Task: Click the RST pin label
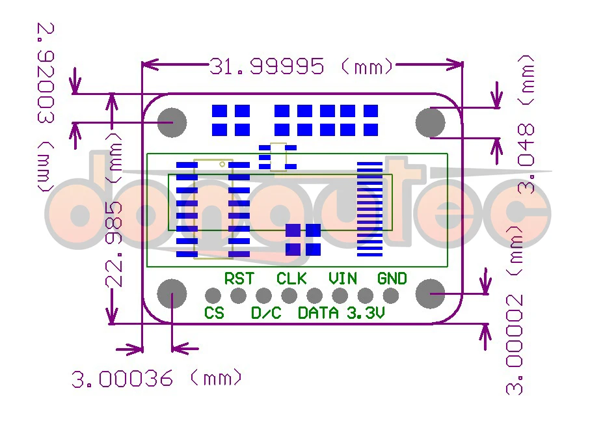tap(239, 279)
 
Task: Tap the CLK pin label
tap(291, 279)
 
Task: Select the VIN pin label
tap(343, 279)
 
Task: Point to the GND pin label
tap(392, 279)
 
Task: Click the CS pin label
tap(214, 313)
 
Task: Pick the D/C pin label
tap(266, 313)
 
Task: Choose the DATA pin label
tap(319, 313)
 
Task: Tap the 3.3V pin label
tap(366, 313)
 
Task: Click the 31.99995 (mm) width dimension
tap(301, 66)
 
